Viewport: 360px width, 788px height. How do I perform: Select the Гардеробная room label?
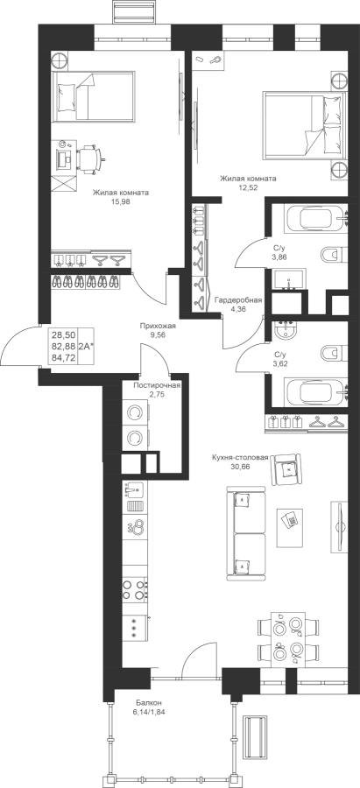(x=238, y=300)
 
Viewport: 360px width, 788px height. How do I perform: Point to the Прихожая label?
(x=158, y=326)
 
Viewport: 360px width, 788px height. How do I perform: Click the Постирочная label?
(x=157, y=385)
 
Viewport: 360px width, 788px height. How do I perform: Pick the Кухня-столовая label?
(x=240, y=458)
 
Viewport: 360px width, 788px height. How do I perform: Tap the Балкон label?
(x=148, y=702)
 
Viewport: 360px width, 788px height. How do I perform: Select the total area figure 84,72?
(x=64, y=357)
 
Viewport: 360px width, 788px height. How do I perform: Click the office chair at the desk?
(x=91, y=158)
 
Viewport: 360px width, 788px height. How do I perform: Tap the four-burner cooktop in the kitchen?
(x=135, y=589)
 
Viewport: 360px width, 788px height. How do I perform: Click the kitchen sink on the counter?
(x=133, y=489)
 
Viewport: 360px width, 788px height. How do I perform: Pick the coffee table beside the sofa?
(x=290, y=527)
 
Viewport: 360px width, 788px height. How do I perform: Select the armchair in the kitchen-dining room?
(x=286, y=468)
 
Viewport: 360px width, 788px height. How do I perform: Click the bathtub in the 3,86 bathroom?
(x=316, y=219)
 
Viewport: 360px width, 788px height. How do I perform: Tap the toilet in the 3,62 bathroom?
(x=331, y=352)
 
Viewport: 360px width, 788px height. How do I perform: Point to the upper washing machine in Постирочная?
(x=136, y=412)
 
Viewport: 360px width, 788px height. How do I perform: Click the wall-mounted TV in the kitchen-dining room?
(x=339, y=527)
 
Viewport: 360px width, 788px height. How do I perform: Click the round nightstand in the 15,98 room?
(x=60, y=60)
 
